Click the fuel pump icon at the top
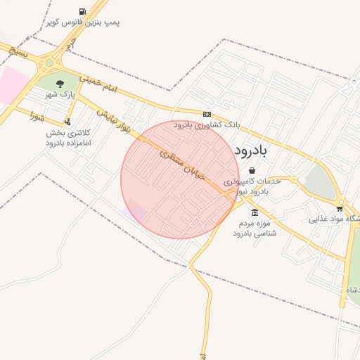(84, 11)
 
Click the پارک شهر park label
(60, 94)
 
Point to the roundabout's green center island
(49, 63)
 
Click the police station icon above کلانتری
(67, 121)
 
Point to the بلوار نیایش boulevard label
(114, 120)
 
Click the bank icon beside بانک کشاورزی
(207, 114)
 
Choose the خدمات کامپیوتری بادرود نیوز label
(252, 186)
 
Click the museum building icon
(254, 213)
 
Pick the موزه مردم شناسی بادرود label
(254, 227)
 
